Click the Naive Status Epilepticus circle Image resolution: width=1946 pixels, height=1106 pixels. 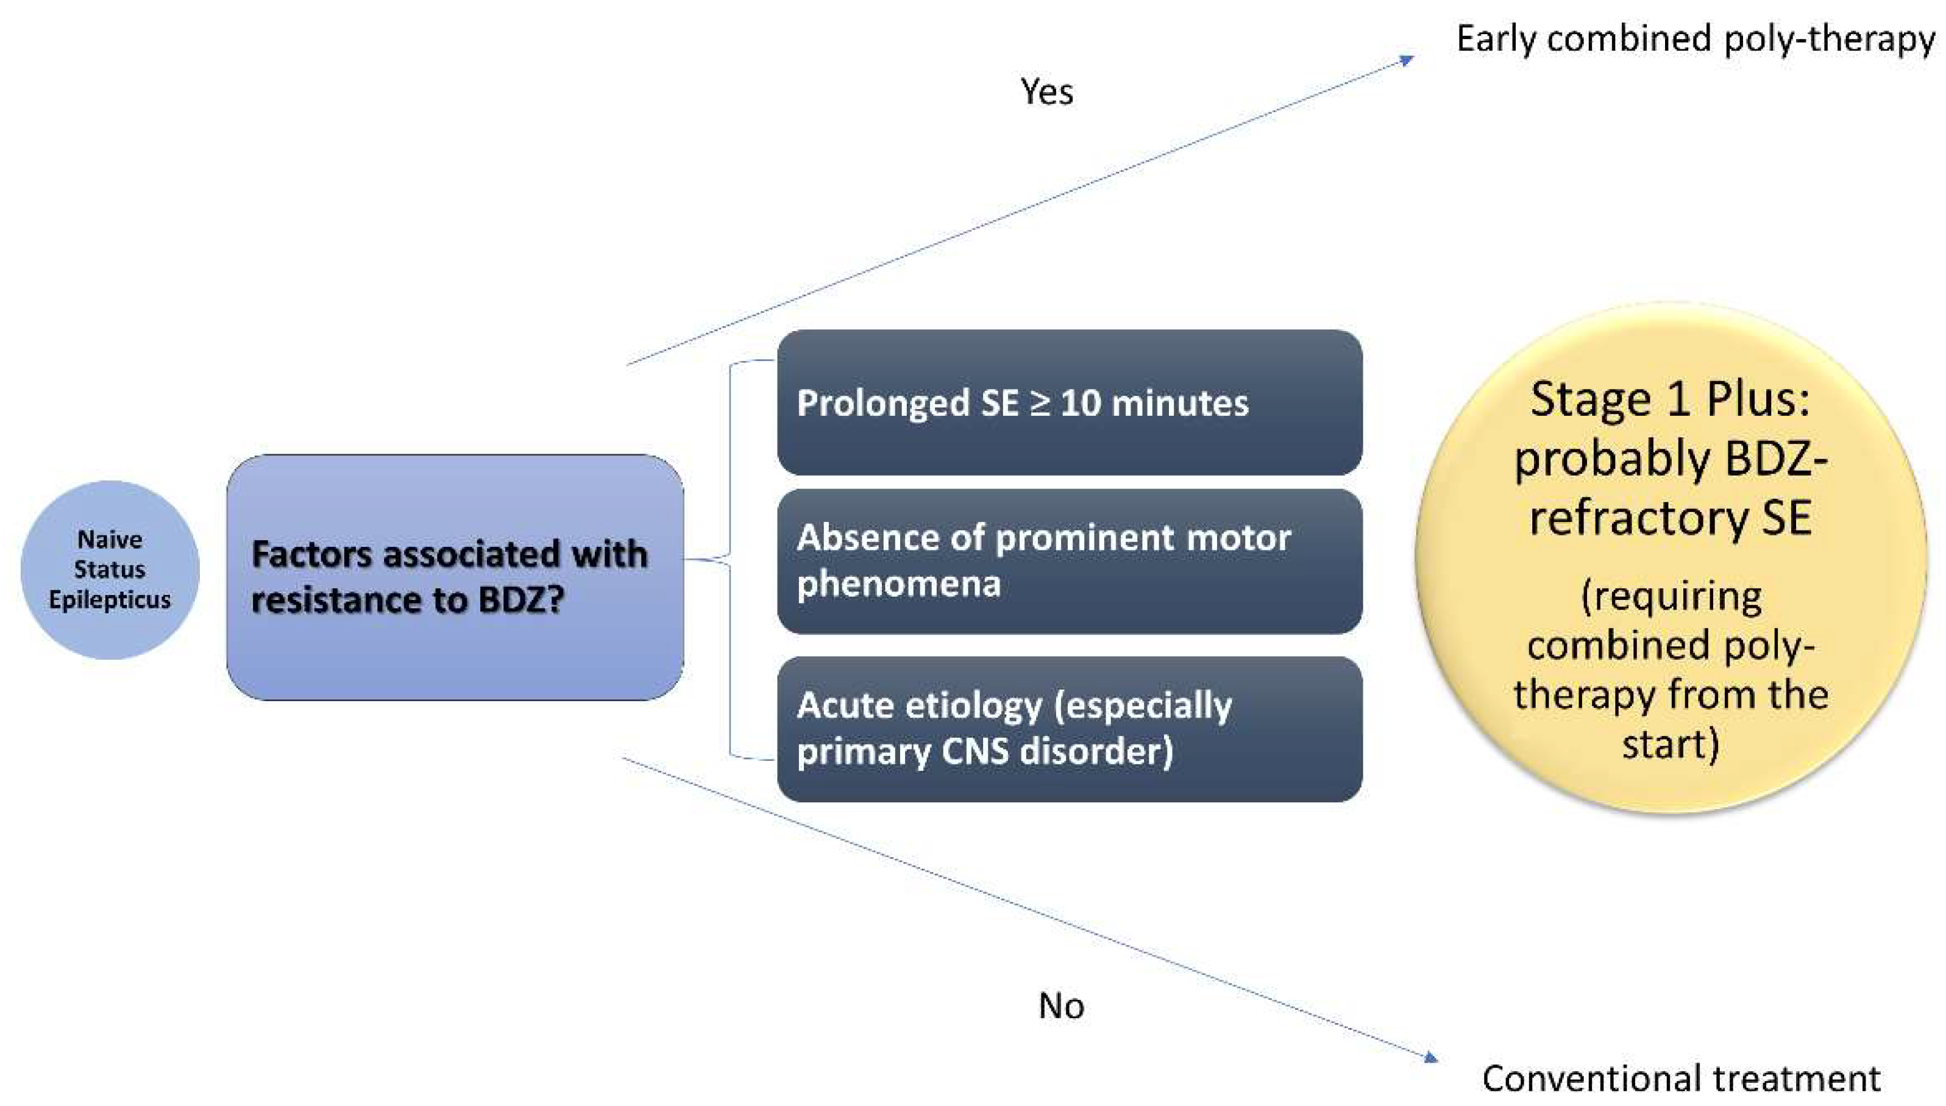coord(110,569)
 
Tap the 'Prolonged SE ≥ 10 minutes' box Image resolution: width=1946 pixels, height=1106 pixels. coord(1069,402)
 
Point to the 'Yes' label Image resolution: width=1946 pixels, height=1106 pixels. coord(1046,92)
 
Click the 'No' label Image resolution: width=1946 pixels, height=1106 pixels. coord(1060,1006)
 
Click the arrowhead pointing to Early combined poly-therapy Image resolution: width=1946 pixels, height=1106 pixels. coord(1408,59)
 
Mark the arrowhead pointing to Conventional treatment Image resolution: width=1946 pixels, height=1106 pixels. coord(1430,1057)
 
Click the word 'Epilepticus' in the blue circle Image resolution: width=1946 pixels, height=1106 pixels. coord(110,600)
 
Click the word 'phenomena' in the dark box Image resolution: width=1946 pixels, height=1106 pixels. coord(898,584)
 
